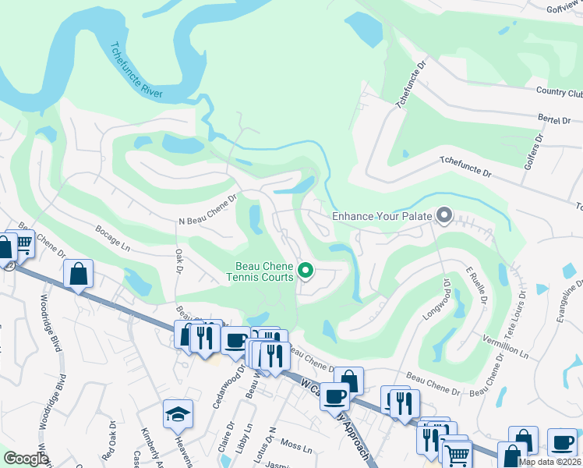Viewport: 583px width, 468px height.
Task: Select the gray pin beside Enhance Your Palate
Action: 444,214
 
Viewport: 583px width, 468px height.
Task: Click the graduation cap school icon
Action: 178,413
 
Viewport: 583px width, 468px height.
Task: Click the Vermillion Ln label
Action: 505,348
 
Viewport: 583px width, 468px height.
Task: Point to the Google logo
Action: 26,459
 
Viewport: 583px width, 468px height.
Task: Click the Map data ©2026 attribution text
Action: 549,462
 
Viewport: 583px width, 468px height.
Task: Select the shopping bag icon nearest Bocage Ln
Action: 78,274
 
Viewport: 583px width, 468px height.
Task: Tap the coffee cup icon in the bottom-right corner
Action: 561,442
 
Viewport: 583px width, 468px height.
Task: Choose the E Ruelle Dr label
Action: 476,287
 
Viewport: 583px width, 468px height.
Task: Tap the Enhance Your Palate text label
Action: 382,215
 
